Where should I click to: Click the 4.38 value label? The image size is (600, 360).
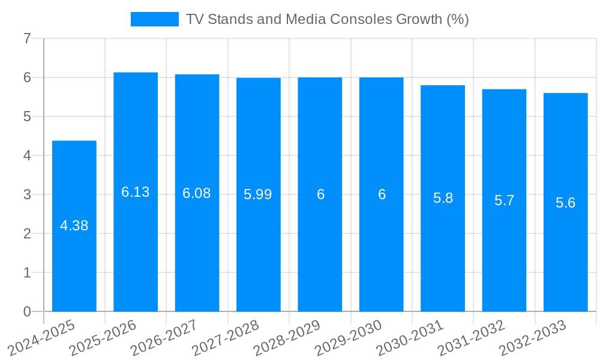click(74, 226)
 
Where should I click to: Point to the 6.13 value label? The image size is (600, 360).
click(136, 193)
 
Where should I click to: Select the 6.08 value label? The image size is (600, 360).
click(197, 194)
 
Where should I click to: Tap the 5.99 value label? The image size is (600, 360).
click(258, 195)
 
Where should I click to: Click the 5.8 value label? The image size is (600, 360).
click(443, 199)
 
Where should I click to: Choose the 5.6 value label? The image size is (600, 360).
click(565, 203)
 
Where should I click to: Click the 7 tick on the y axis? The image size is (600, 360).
click(27, 39)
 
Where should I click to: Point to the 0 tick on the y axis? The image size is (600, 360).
click(27, 312)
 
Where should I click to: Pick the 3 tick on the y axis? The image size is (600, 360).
click(27, 195)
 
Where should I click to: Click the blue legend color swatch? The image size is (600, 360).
click(155, 19)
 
